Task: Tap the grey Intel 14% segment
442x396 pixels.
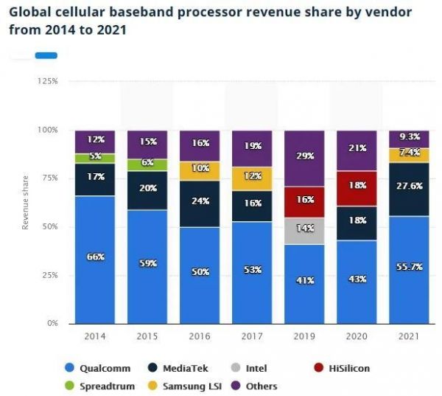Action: [304, 229]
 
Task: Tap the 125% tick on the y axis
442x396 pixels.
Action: [48, 81]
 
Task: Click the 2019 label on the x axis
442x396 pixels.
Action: [304, 336]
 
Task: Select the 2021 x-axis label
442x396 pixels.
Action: [408, 336]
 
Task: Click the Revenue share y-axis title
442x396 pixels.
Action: [26, 202]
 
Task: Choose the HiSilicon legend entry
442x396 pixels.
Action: [343, 367]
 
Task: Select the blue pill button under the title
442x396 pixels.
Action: [46, 55]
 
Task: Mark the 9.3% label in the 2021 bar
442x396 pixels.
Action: [409, 137]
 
